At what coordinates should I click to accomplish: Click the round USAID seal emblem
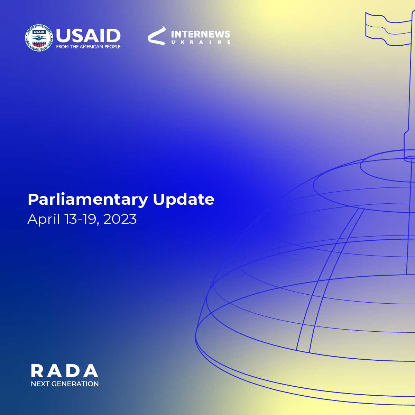coord(39,38)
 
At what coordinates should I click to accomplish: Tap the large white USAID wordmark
coord(88,36)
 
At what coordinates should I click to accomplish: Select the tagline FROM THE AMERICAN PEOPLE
coord(88,47)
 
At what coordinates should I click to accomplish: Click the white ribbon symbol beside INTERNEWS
coord(157,36)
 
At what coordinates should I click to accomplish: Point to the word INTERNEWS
coord(201,34)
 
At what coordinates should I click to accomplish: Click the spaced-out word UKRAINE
coord(201,42)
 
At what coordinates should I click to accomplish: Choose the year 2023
coord(120,219)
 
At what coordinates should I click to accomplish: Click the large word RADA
coord(65,371)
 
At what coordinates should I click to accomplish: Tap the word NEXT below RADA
coord(40,384)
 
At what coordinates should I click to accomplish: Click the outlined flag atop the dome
coord(389,29)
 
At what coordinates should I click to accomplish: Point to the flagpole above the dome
coord(408,86)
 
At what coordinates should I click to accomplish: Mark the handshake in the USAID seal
coord(39,38)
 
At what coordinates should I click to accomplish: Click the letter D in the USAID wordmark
coord(113,36)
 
